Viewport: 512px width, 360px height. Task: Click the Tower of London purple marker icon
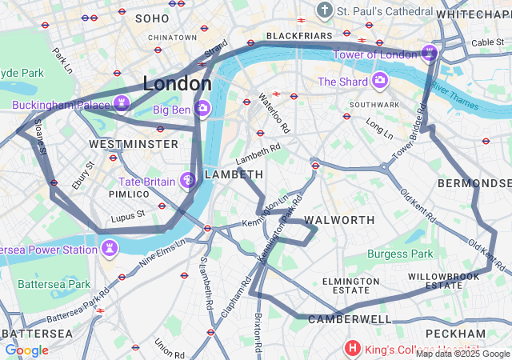(x=430, y=54)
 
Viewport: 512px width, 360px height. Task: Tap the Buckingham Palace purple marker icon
(x=122, y=102)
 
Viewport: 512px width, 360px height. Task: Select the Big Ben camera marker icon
(x=202, y=108)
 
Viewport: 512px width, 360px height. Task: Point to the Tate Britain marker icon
(x=188, y=182)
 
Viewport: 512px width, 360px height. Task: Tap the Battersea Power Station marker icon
(x=108, y=249)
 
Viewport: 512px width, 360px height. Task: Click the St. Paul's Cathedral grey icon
(x=324, y=10)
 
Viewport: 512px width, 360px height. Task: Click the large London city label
(x=177, y=83)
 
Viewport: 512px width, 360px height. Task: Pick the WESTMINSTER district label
(x=134, y=144)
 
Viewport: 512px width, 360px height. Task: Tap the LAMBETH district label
(x=234, y=174)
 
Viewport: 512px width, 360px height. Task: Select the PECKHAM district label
(x=455, y=333)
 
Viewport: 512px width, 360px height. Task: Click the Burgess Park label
(x=400, y=254)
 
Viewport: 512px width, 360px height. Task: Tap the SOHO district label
(x=152, y=18)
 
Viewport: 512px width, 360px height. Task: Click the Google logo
(x=26, y=350)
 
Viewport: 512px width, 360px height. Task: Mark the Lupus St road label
(x=128, y=214)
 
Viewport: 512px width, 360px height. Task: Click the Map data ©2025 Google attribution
(x=462, y=354)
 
